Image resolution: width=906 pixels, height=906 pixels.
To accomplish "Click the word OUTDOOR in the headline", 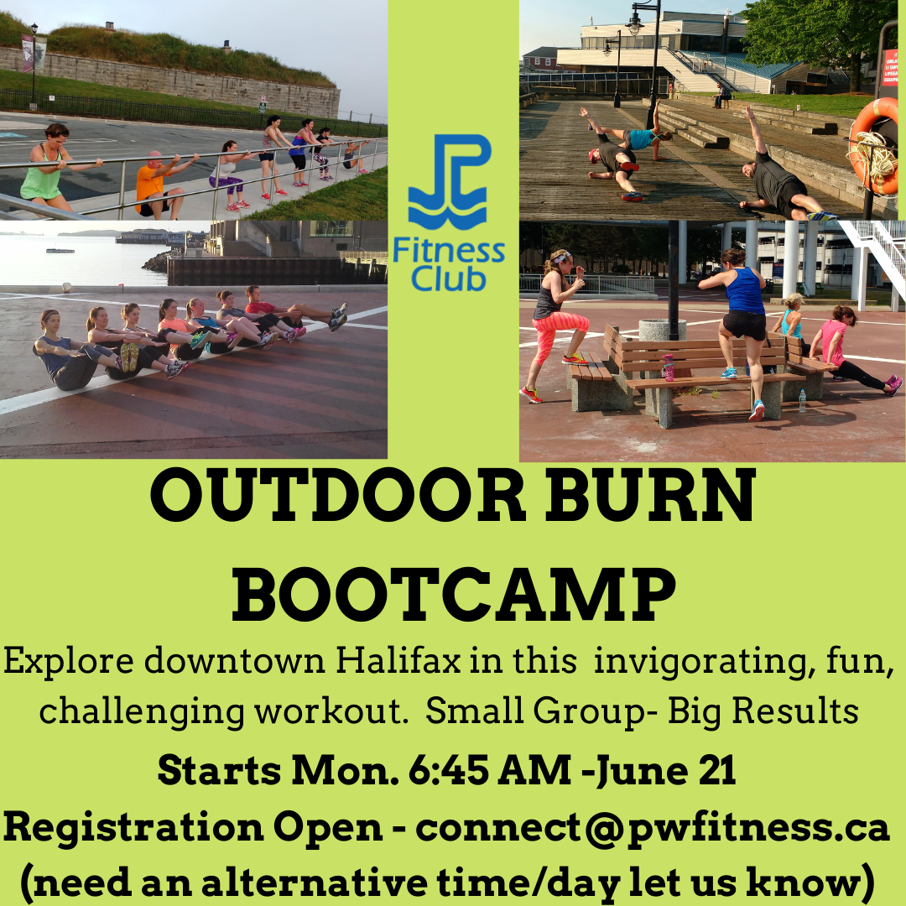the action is pos(338,496).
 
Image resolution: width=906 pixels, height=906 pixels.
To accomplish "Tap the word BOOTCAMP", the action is pos(454,594).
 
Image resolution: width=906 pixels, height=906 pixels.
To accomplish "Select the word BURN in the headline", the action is pos(651,496).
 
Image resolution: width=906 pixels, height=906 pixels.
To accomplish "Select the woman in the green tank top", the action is pos(51,169).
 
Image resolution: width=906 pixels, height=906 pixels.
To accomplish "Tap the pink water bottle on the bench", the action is pos(669,367).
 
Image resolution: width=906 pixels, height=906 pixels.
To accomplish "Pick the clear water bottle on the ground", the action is pos(802,400).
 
